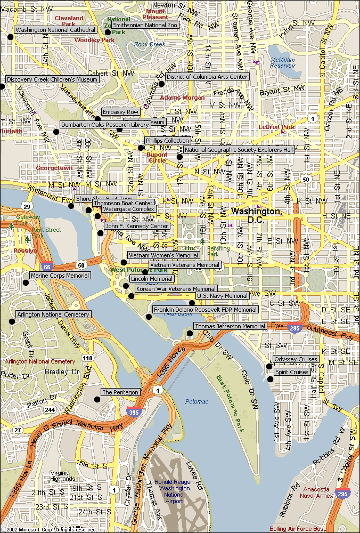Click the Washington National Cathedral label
coord(55,30)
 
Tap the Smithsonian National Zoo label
coord(145,25)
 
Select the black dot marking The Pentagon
coord(97,399)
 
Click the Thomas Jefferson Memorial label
coord(230,326)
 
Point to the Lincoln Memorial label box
coord(152,279)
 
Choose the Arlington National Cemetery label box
coord(53,315)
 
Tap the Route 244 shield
coord(50,410)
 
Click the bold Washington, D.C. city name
coord(257,215)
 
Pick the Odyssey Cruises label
coord(296,359)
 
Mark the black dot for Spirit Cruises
coord(271,379)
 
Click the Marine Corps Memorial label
coord(60,276)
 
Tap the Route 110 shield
coord(87,358)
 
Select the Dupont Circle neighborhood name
coord(157,157)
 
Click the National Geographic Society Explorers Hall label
coord(239,150)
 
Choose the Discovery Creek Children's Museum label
coord(52,79)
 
